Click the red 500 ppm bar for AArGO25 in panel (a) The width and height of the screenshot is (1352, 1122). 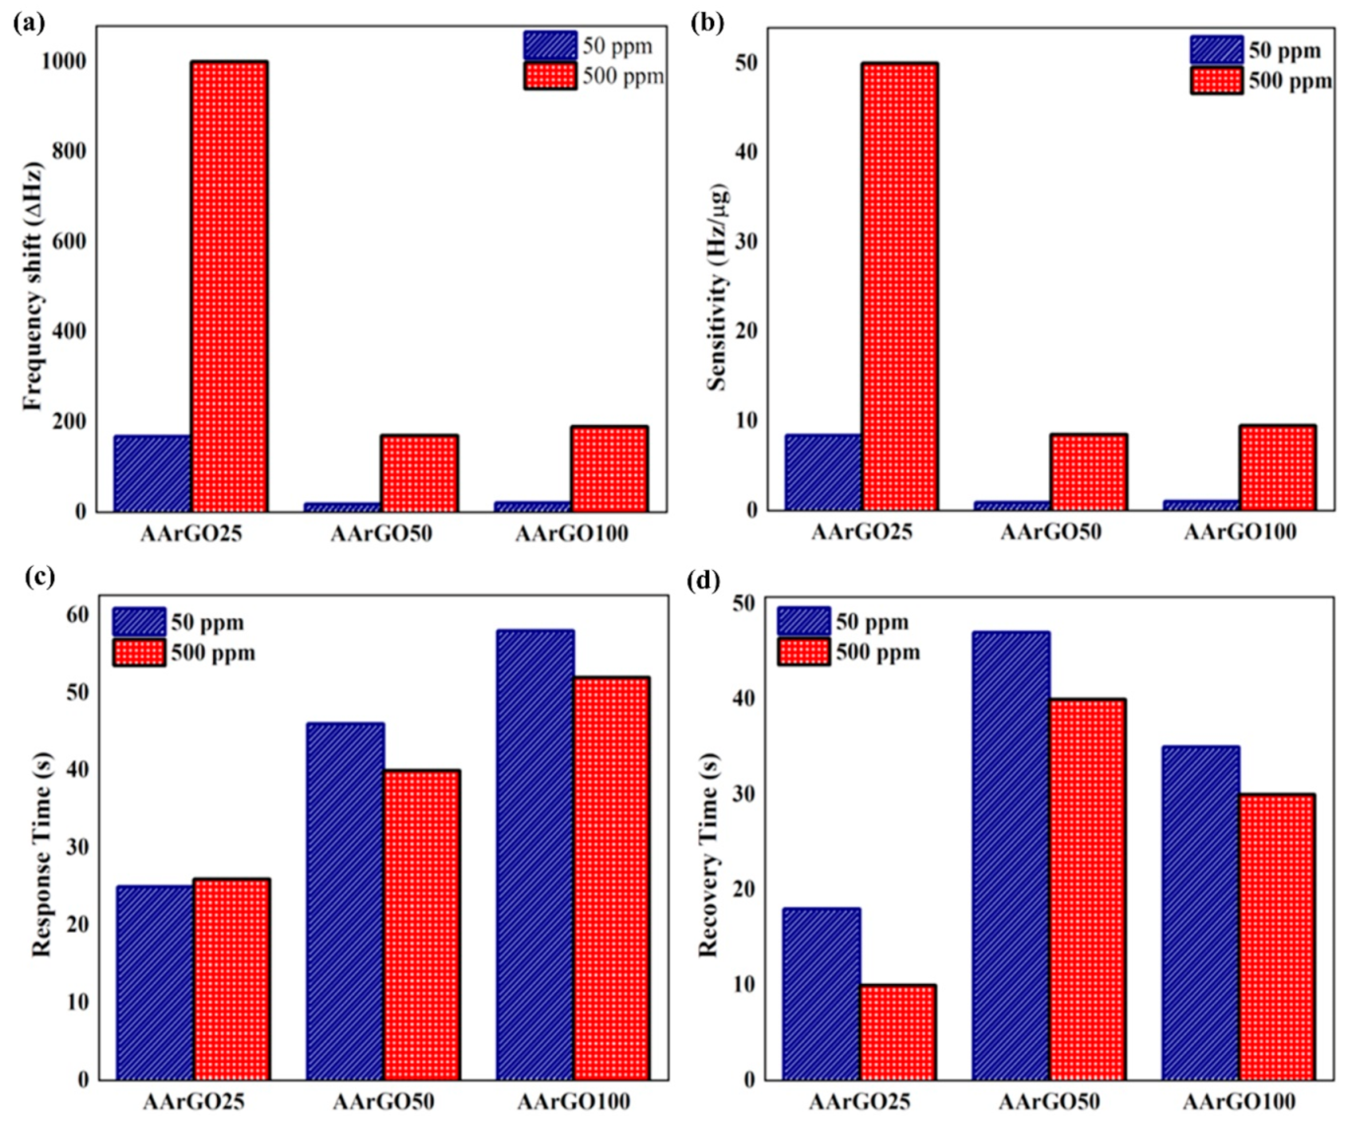tap(229, 286)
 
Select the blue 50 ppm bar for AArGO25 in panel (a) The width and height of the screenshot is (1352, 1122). tap(153, 473)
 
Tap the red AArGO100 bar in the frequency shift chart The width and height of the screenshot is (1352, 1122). tap(608, 468)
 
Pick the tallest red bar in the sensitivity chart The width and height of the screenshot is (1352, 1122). tap(898, 286)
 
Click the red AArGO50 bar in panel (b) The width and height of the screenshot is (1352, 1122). tap(1089, 471)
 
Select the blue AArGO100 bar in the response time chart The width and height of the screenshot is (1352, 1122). tap(535, 854)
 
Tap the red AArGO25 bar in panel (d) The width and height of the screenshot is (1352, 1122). tap(897, 1031)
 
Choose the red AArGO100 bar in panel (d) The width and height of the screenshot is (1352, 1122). tap(1277, 936)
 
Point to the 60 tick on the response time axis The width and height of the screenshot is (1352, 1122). tap(78, 614)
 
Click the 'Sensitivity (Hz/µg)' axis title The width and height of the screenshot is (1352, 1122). tap(717, 286)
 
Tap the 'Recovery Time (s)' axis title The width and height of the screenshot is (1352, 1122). tap(708, 854)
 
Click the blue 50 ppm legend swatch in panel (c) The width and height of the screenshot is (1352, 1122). tap(138, 622)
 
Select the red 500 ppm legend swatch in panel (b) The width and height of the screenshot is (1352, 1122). tap(1216, 80)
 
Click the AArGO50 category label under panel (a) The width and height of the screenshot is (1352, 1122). tap(381, 534)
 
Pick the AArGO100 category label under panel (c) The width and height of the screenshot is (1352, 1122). tap(573, 1101)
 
